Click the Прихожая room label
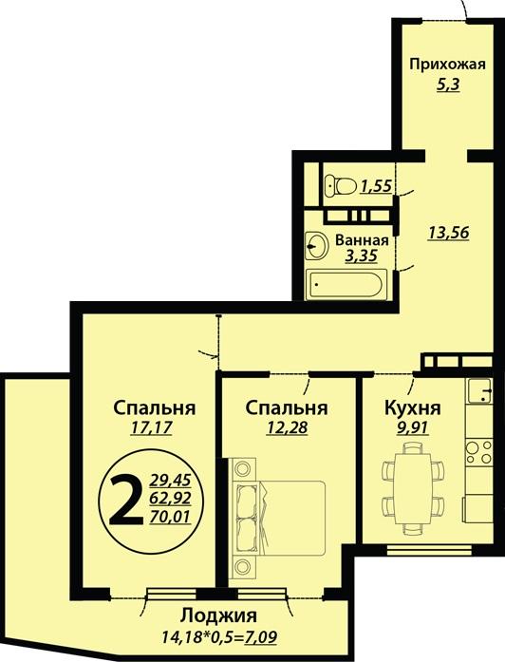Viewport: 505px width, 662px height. (x=448, y=65)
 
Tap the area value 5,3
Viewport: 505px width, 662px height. (x=448, y=84)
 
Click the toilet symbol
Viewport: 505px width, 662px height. (x=340, y=185)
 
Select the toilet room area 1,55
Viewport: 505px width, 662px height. (x=377, y=186)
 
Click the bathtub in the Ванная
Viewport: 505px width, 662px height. (x=346, y=284)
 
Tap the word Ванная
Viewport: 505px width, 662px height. (x=362, y=240)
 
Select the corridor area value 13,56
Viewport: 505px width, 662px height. (x=448, y=232)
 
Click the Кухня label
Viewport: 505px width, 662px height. (x=413, y=408)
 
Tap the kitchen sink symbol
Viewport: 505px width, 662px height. (x=479, y=391)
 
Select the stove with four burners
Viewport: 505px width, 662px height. (x=479, y=452)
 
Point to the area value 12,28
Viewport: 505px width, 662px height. (x=287, y=427)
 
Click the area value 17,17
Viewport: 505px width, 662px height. (x=151, y=427)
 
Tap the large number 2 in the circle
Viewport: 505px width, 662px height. (x=126, y=499)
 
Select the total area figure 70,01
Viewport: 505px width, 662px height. (x=171, y=517)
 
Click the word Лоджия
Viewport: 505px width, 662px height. (x=218, y=616)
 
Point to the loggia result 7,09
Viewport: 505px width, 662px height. (x=261, y=635)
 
